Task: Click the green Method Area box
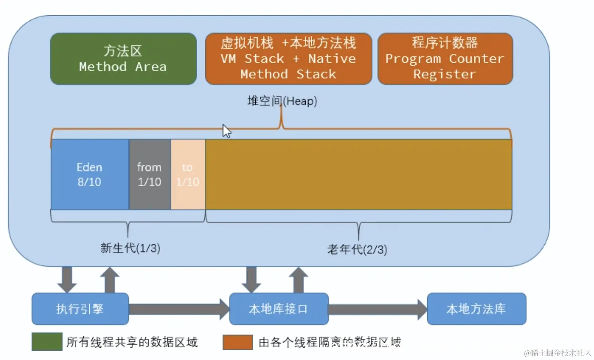tap(123, 59)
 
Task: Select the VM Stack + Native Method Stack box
tap(288, 59)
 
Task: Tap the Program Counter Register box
tap(445, 59)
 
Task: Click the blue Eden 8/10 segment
tap(89, 175)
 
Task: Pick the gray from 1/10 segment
tap(150, 175)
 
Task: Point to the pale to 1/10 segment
tap(188, 175)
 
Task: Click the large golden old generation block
tap(358, 175)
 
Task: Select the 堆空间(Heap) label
tap(282, 101)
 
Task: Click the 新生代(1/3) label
tap(130, 248)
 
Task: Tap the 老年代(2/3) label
tap(357, 250)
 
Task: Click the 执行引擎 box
tap(80, 309)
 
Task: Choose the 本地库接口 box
tap(278, 309)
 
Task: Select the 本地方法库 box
tap(476, 309)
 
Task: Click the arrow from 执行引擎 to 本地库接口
tap(179, 309)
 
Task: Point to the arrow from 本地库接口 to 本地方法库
tap(377, 309)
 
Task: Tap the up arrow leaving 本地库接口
tap(299, 280)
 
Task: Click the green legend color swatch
tap(47, 342)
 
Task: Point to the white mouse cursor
tap(226, 131)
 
